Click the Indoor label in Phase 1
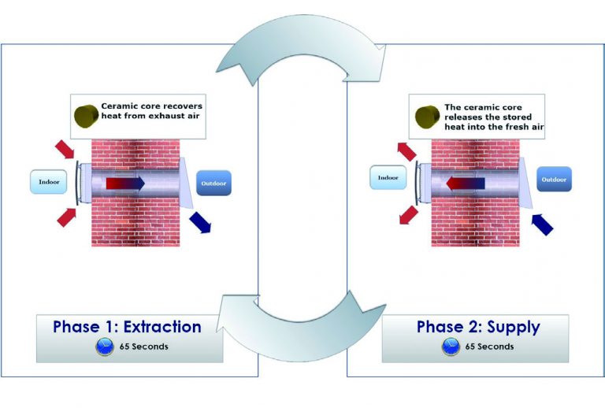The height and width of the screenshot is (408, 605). pos(47,182)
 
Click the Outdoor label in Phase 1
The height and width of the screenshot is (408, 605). pos(213,183)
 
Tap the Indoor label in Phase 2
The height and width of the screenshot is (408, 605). pos(388,179)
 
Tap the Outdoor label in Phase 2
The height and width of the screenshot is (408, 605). pos(555,180)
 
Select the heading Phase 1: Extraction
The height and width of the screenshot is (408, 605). pos(127,327)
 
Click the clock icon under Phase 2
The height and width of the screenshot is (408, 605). pos(451,347)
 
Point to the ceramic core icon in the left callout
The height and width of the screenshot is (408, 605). pos(86,114)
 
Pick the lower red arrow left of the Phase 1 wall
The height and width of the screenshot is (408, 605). pos(67,217)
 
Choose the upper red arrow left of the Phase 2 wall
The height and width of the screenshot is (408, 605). pos(407,150)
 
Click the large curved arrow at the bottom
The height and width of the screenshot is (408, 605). pos(303,319)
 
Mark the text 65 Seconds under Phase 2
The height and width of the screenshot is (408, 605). pos(489,347)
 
